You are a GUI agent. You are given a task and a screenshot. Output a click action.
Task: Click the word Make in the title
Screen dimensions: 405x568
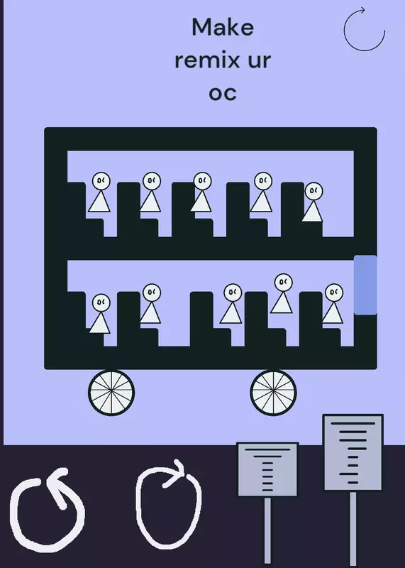click(x=223, y=27)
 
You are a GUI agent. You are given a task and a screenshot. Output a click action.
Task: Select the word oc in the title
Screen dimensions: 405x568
click(x=223, y=93)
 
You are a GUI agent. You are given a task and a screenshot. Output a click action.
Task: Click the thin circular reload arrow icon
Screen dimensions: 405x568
click(x=364, y=30)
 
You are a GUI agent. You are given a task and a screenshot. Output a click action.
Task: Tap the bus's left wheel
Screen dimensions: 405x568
click(x=111, y=393)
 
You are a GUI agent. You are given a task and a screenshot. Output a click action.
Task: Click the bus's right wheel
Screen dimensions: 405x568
click(x=273, y=393)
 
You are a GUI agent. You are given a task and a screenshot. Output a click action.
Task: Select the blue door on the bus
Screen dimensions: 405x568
click(x=365, y=285)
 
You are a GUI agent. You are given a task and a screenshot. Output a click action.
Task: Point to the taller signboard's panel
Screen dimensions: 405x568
click(x=353, y=452)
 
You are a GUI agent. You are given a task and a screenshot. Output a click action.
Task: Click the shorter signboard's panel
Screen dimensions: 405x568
click(x=267, y=469)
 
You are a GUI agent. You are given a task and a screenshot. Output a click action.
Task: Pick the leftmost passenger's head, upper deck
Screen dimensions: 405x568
click(x=101, y=181)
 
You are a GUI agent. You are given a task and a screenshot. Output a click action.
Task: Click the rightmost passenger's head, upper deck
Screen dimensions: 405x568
click(x=314, y=191)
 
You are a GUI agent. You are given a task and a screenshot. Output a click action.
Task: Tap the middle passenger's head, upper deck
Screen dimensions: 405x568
click(x=202, y=181)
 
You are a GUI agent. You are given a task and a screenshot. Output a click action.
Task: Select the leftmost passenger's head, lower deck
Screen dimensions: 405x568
click(x=101, y=303)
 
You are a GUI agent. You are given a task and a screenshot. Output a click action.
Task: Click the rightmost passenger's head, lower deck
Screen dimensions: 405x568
click(x=334, y=293)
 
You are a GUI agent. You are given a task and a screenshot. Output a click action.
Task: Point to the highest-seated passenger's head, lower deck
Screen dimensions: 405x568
click(x=284, y=283)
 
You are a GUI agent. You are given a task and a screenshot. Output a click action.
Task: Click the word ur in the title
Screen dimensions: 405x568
click(x=259, y=60)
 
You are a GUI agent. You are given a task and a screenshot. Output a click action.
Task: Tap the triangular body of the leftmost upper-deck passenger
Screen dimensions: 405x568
click(x=99, y=202)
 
